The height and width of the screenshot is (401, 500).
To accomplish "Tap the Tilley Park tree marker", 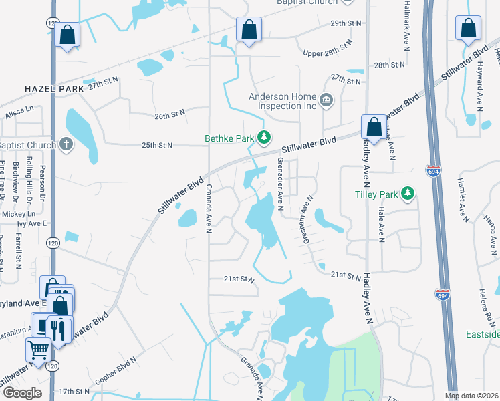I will tap(407, 194).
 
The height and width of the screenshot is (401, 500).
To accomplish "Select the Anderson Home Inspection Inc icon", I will tap(326, 101).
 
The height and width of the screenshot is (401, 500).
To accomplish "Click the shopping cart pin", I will tap(39, 349).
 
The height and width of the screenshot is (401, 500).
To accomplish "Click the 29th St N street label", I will tap(346, 23).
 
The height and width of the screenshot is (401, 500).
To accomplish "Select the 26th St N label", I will tap(173, 116).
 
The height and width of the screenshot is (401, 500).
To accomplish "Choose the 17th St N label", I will tap(74, 391).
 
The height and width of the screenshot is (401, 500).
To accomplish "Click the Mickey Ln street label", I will tap(13, 213).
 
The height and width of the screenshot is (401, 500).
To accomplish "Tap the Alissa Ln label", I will tap(19, 111).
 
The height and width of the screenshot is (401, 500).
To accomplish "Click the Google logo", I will tap(22, 392).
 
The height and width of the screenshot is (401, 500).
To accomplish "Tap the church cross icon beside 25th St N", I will tap(65, 144).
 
